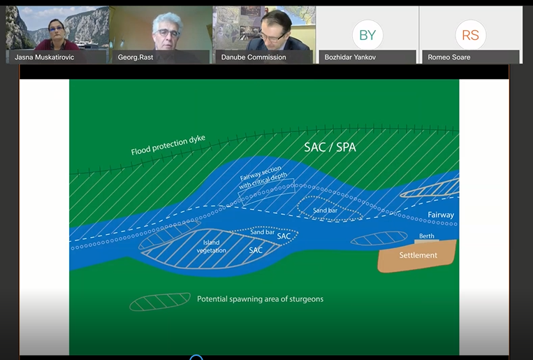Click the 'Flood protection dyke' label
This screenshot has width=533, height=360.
click(x=168, y=145)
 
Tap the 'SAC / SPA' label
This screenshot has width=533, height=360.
click(x=330, y=147)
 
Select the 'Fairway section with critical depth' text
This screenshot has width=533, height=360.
click(x=262, y=177)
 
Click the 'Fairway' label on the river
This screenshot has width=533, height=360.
click(x=441, y=215)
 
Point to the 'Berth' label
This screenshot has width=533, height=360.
click(x=427, y=236)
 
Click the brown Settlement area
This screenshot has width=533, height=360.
click(x=417, y=256)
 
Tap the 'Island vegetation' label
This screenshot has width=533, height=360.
click(x=211, y=246)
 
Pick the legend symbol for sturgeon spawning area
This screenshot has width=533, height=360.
click(x=160, y=301)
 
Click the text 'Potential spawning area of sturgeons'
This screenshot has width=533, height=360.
click(x=261, y=299)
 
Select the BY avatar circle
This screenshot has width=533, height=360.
click(x=367, y=35)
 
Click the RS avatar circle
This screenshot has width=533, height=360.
click(x=470, y=35)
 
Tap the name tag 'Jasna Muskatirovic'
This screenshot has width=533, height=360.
click(x=44, y=57)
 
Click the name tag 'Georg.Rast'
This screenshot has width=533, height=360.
click(x=136, y=57)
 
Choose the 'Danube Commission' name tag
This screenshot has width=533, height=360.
click(x=254, y=57)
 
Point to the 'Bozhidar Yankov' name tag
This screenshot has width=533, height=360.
click(x=350, y=57)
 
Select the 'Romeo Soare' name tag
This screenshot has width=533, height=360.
click(x=449, y=57)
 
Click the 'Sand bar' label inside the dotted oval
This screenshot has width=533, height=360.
click(x=326, y=210)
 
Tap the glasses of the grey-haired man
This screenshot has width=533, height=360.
click(x=167, y=34)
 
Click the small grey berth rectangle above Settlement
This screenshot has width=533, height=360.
click(x=426, y=241)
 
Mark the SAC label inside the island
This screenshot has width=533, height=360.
click(x=256, y=250)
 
